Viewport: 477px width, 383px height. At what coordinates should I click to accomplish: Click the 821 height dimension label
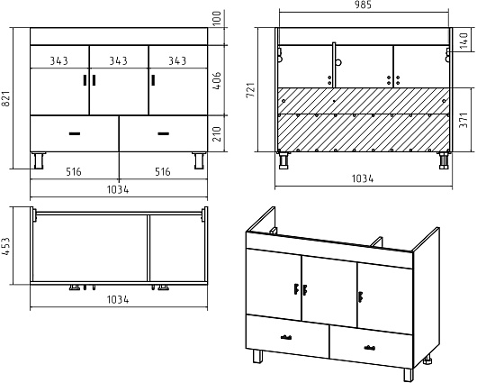tap(7, 98)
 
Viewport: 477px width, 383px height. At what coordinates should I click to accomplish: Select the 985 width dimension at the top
tap(363, 5)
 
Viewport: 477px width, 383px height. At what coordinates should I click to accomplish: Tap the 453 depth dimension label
tap(7, 247)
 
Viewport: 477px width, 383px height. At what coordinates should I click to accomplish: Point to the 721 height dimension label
tap(251, 89)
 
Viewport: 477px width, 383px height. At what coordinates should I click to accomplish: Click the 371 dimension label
tap(463, 120)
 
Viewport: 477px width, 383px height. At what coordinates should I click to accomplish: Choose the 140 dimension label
tap(463, 41)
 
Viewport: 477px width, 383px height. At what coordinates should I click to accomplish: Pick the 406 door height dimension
tap(217, 81)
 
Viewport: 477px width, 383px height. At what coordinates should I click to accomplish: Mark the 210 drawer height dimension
tap(217, 134)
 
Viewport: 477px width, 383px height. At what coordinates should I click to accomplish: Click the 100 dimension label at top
tap(217, 18)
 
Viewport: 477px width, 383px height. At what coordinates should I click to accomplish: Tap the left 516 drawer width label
tap(74, 172)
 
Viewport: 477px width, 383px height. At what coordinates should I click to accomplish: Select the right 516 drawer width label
tap(163, 172)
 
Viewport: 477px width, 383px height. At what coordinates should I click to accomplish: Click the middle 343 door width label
tap(118, 61)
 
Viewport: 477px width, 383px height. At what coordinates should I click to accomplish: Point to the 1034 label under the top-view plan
tap(118, 300)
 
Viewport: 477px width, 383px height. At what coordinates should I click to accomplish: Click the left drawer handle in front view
tap(74, 133)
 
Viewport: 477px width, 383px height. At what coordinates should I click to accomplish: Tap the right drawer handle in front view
tap(164, 133)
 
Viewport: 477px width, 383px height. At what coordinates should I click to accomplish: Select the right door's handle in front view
tap(153, 80)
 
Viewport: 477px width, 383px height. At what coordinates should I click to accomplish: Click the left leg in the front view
tap(39, 160)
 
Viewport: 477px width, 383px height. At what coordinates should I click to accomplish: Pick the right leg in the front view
tap(199, 160)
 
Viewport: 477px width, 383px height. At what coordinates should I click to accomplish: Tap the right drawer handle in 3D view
tap(370, 347)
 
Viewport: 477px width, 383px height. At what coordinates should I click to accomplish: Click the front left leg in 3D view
tap(257, 356)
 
